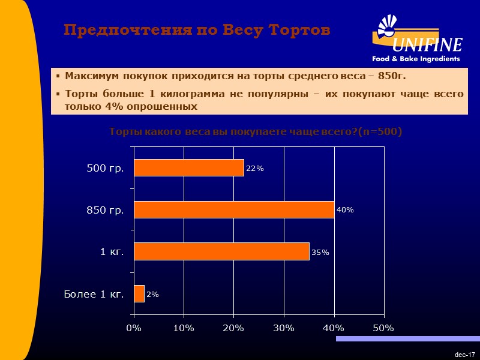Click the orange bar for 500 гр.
[188, 168]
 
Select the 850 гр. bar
[234, 209]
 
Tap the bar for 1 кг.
[221, 251]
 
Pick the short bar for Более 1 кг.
[139, 293]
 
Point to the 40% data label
[345, 210]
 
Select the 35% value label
[320, 252]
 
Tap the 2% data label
[153, 294]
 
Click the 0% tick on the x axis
[133, 328]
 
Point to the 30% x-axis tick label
[283, 328]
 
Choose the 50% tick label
[383, 328]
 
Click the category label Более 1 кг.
[94, 294]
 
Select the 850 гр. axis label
[105, 210]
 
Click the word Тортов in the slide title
[299, 30]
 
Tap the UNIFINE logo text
[427, 45]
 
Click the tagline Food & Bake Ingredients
[415, 59]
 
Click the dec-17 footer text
[465, 355]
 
